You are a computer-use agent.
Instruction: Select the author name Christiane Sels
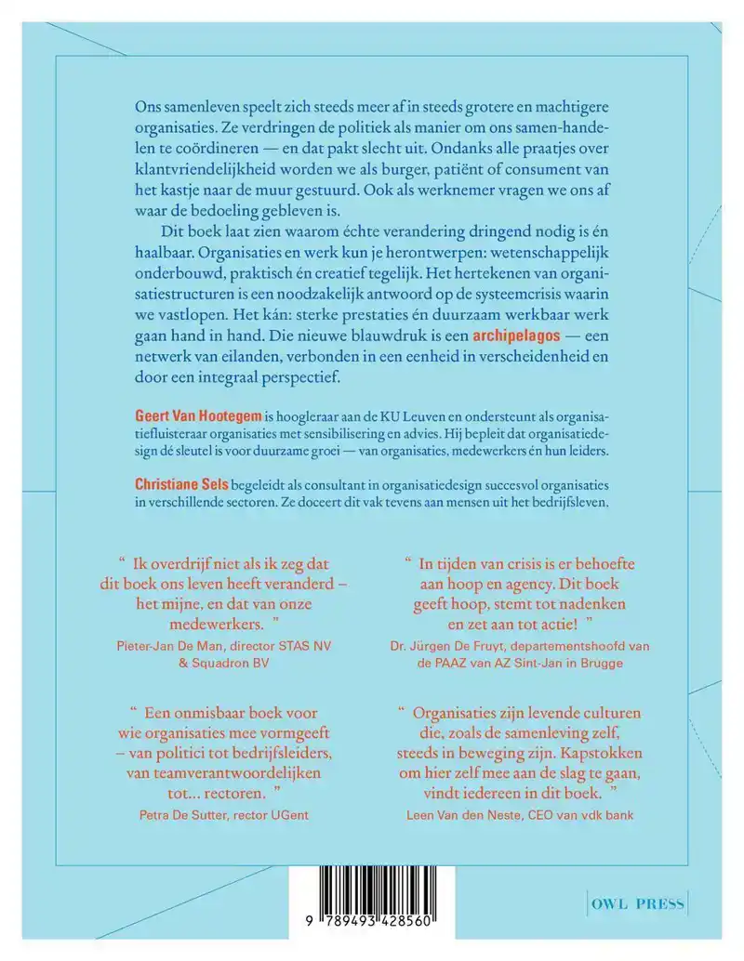[x=176, y=484]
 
